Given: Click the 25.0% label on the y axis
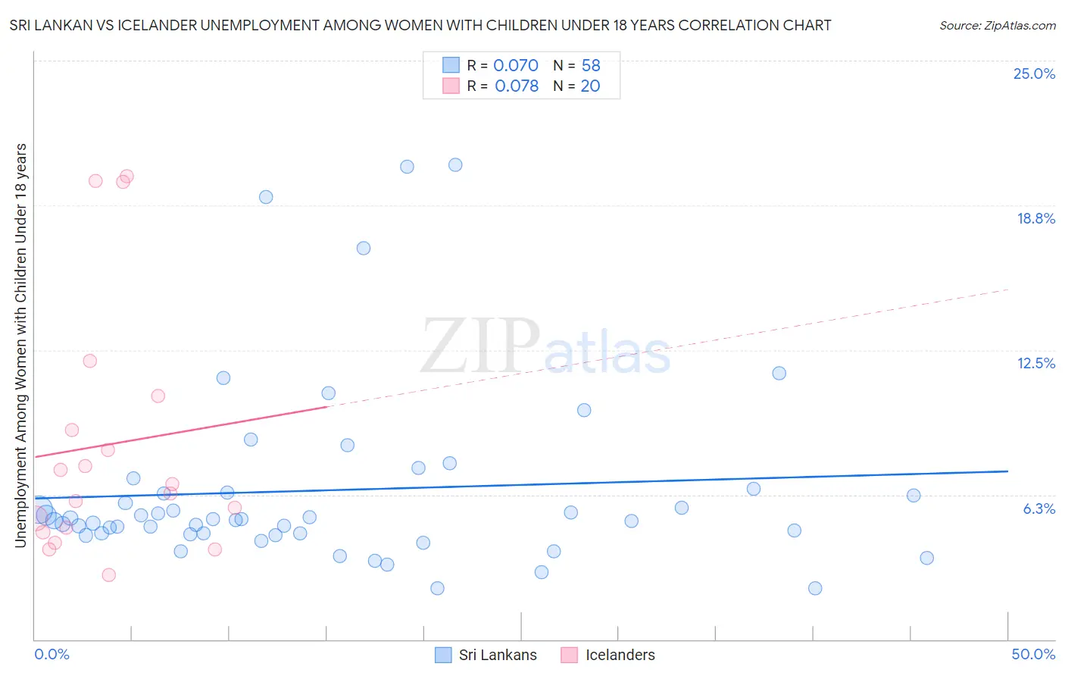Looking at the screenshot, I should point(1034,74).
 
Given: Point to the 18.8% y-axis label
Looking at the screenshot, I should point(1035,218).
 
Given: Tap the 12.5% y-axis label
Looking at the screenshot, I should point(1035,363).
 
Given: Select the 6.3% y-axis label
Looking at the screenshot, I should point(1038,509).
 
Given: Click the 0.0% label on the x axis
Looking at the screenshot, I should point(52,654).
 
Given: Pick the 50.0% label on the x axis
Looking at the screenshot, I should point(1033,654).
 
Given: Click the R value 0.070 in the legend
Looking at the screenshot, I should point(516,66).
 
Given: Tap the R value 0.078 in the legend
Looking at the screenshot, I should point(517,86).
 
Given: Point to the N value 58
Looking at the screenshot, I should point(591,66).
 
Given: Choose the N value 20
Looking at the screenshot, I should point(590,86).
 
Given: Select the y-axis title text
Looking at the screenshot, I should point(20,345).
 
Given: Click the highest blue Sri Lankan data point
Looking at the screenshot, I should point(455,165).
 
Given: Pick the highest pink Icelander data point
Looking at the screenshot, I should point(126,177).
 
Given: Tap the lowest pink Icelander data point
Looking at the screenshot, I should point(108,575).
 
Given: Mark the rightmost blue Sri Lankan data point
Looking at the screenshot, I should point(926,559).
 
